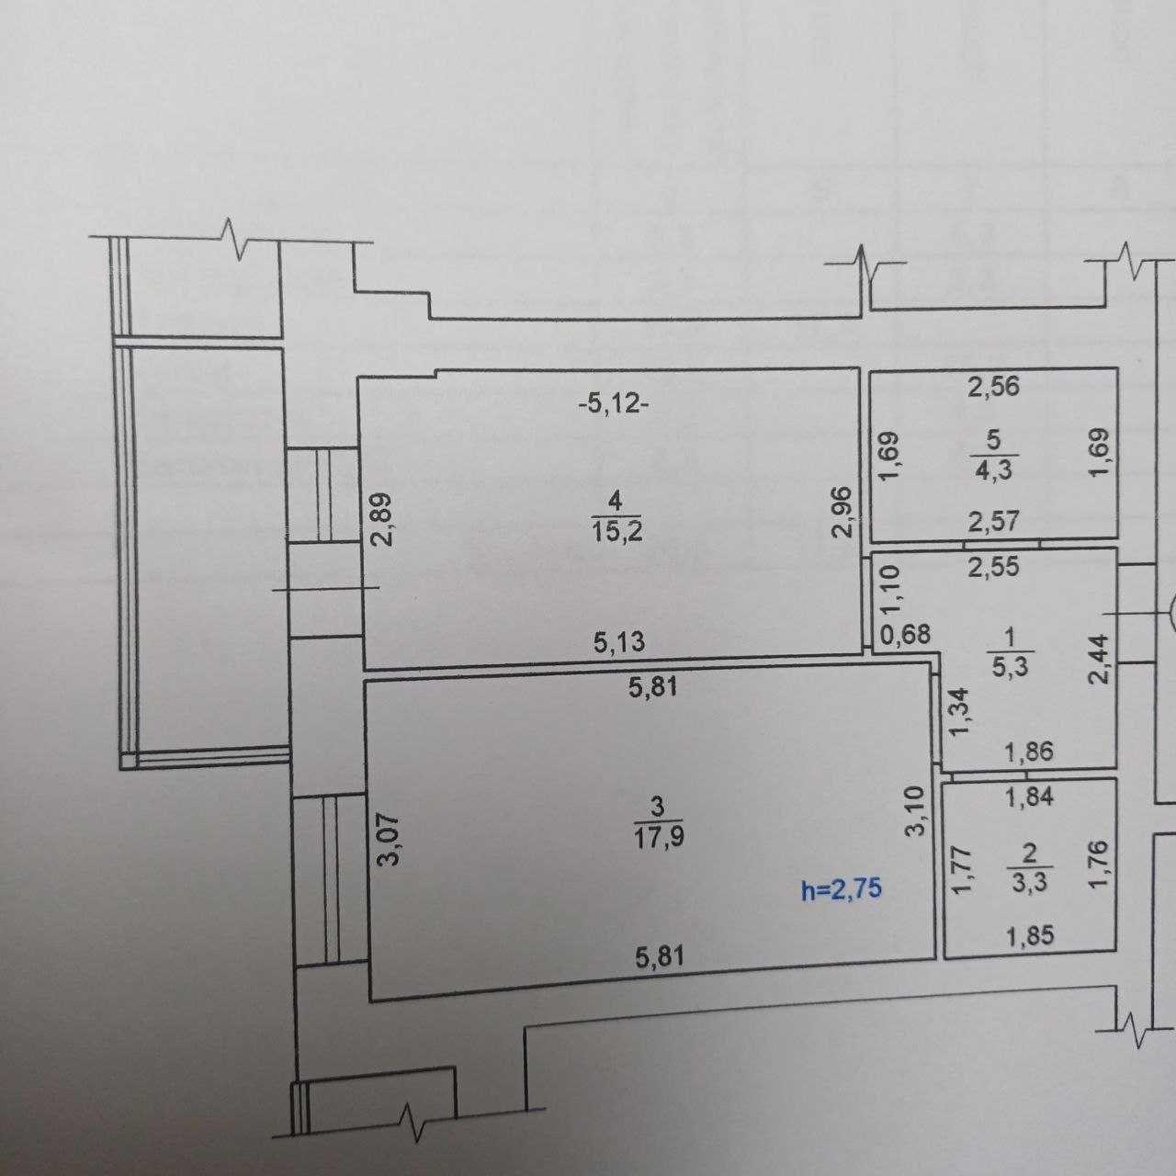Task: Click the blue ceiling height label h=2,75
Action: (842, 888)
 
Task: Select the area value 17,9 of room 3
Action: (659, 837)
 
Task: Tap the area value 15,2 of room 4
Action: (616, 532)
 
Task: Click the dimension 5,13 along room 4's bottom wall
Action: (619, 642)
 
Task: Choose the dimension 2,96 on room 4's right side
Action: (842, 512)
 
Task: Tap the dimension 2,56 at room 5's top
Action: (994, 387)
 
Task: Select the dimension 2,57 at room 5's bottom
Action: (994, 521)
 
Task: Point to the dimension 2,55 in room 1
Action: (994, 566)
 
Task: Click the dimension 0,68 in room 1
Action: (906, 635)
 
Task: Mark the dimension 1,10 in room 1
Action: (890, 590)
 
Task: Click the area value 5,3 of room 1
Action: (1010, 666)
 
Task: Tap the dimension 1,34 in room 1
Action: (959, 713)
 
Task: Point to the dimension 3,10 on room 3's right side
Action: (919, 811)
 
